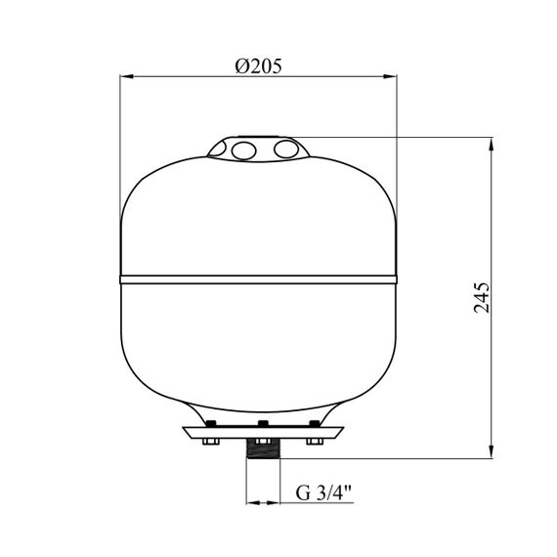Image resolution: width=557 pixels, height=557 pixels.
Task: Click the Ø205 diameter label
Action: pos(258,66)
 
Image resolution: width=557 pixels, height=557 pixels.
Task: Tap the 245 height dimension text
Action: pos(482,298)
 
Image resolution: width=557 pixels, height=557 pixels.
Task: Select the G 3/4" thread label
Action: pos(323,493)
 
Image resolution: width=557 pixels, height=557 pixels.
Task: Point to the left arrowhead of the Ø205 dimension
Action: pos(126,76)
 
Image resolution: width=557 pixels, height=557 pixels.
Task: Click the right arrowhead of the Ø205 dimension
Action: pos(390,76)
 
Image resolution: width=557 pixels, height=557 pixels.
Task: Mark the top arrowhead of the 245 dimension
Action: pos(492,144)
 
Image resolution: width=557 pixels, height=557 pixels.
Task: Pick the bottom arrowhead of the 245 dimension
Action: pos(492,451)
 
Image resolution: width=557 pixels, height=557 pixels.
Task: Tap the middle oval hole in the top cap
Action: pos(243,150)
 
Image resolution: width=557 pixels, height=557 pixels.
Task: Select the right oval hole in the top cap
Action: pos(286,150)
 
